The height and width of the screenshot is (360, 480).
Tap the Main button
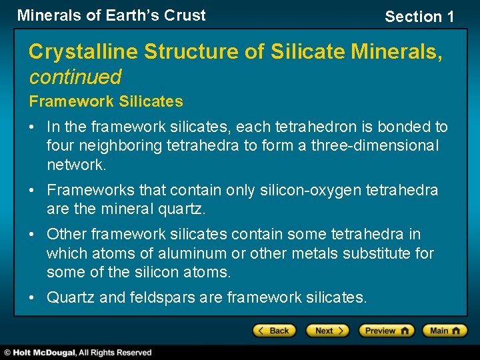(x=445, y=331)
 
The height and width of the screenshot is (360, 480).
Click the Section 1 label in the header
(x=419, y=17)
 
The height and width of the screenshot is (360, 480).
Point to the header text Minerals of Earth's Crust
(x=111, y=15)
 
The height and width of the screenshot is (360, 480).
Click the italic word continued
(x=75, y=77)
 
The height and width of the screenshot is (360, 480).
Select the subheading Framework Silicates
(x=105, y=102)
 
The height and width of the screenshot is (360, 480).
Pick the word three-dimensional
(x=375, y=145)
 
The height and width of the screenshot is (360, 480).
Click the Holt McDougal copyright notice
(x=78, y=353)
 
